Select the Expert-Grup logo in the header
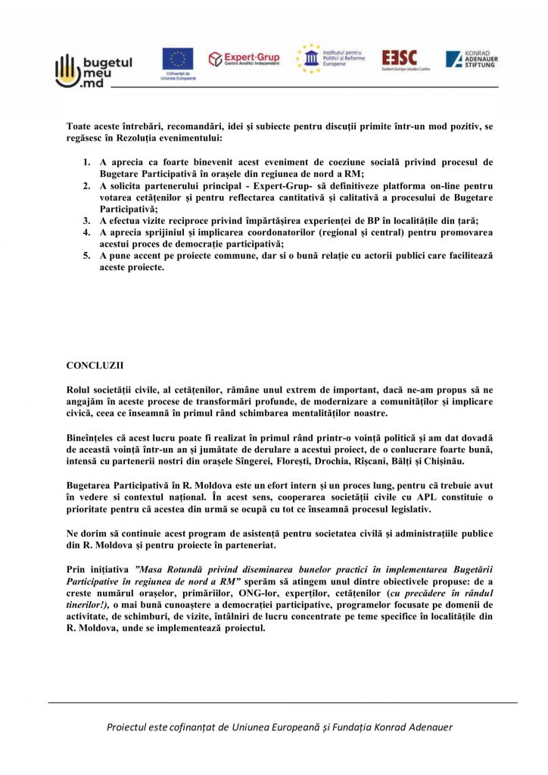(x=244, y=58)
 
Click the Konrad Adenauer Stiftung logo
(x=472, y=59)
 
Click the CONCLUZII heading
(x=95, y=365)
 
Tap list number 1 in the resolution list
(x=86, y=162)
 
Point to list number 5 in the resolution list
(x=86, y=257)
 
